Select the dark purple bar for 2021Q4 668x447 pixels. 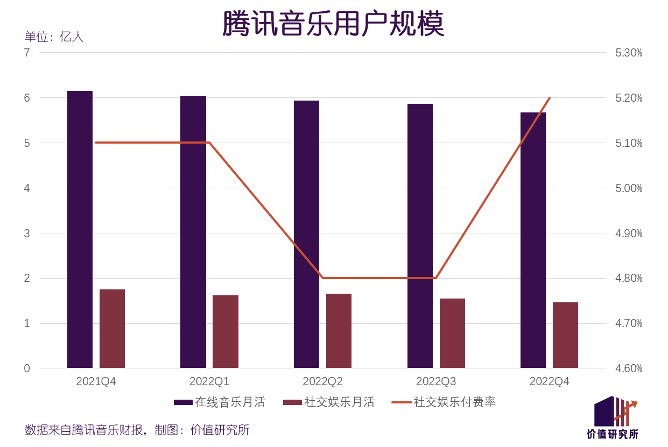(80, 230)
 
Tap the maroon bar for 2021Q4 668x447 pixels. (112, 329)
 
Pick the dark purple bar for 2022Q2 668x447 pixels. (306, 235)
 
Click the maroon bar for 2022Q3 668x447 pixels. (452, 334)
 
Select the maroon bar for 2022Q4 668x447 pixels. (565, 335)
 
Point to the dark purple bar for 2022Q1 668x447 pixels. (193, 232)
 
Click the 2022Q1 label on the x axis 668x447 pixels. (209, 381)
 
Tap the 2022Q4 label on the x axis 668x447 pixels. (549, 381)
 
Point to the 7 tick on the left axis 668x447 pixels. (27, 53)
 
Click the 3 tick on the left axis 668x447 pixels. (27, 233)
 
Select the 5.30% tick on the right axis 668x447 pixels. (629, 53)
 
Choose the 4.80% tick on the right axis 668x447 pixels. (629, 279)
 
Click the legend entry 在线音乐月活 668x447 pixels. (220, 402)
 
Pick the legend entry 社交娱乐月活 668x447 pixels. (329, 402)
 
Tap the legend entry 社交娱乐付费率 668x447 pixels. (444, 402)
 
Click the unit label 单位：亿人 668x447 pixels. (54, 37)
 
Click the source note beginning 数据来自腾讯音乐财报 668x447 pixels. (137, 430)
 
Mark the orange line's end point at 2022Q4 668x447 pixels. (549, 98)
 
